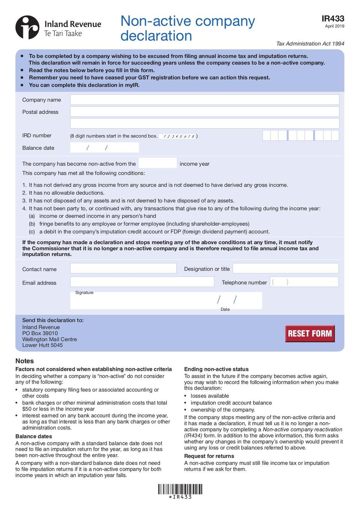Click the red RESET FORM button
tap(310, 333)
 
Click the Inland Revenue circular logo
tap(27, 27)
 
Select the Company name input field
tap(204, 100)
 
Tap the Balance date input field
tap(104, 148)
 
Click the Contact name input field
tap(123, 268)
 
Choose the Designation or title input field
tap(285, 268)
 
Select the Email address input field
tap(142, 282)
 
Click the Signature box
tap(142, 301)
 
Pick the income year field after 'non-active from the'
tap(157, 163)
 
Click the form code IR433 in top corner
tap(333, 19)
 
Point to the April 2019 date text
tap(334, 26)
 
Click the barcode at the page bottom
tap(180, 489)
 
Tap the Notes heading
tap(25, 361)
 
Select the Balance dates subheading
tap(34, 436)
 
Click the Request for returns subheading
tap(209, 456)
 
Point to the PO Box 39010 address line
tap(40, 333)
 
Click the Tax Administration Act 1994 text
tap(310, 44)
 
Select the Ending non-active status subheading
tap(216, 369)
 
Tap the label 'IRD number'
tap(37, 136)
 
